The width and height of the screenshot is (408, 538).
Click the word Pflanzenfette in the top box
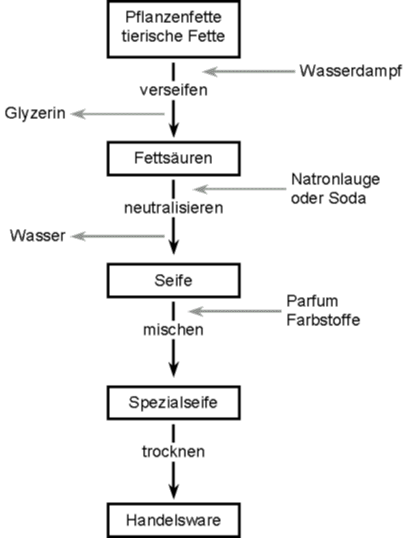pyautogui.click(x=173, y=17)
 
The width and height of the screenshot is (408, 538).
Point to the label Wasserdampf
pyautogui.click(x=351, y=72)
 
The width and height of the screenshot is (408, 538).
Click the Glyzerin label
pyautogui.click(x=35, y=114)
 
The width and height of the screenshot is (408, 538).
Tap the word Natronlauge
pyautogui.click(x=335, y=180)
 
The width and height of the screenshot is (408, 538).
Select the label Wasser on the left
pyautogui.click(x=37, y=236)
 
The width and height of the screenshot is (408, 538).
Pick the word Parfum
pyautogui.click(x=312, y=301)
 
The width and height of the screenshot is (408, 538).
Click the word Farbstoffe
pyautogui.click(x=323, y=320)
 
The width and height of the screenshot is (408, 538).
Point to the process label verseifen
pyautogui.click(x=173, y=90)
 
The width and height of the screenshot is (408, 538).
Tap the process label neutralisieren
pyautogui.click(x=173, y=208)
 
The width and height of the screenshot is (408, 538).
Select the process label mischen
pyautogui.click(x=173, y=330)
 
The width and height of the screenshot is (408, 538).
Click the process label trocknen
pyautogui.click(x=173, y=452)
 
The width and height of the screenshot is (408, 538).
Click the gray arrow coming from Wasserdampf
pyautogui.click(x=249, y=72)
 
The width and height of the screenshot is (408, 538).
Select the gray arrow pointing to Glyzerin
pyautogui.click(x=118, y=114)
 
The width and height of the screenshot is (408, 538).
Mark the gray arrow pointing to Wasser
pyautogui.click(x=118, y=236)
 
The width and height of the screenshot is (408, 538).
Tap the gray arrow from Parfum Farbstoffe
pyautogui.click(x=235, y=311)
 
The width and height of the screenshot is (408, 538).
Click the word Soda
pyautogui.click(x=347, y=198)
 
